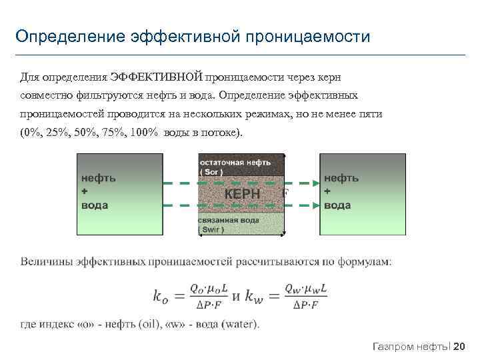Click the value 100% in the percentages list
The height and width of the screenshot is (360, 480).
click(144, 132)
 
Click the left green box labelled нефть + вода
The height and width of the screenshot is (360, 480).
click(120, 194)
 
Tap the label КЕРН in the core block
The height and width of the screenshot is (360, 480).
click(242, 195)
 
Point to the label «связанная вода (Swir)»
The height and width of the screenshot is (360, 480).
click(230, 224)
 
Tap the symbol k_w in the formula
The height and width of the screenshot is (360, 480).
click(260, 296)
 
